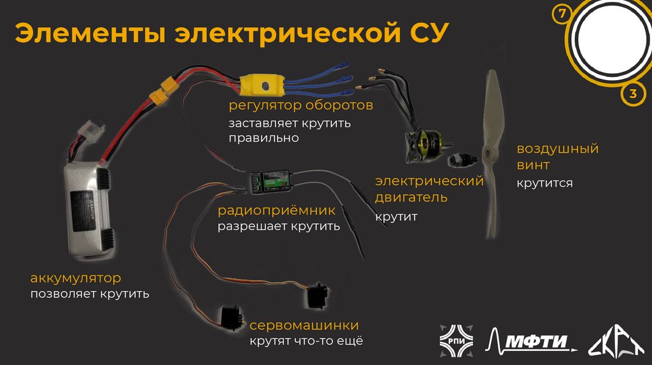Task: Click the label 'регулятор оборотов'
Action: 301,105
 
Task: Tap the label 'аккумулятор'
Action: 75,278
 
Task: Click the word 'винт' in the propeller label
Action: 533,166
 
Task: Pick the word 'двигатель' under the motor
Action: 411,198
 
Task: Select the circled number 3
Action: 633,95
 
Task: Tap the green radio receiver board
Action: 273,181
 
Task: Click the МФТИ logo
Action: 530,340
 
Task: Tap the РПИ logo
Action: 455,340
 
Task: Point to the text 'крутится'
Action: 544,183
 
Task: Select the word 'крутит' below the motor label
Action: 396,217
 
